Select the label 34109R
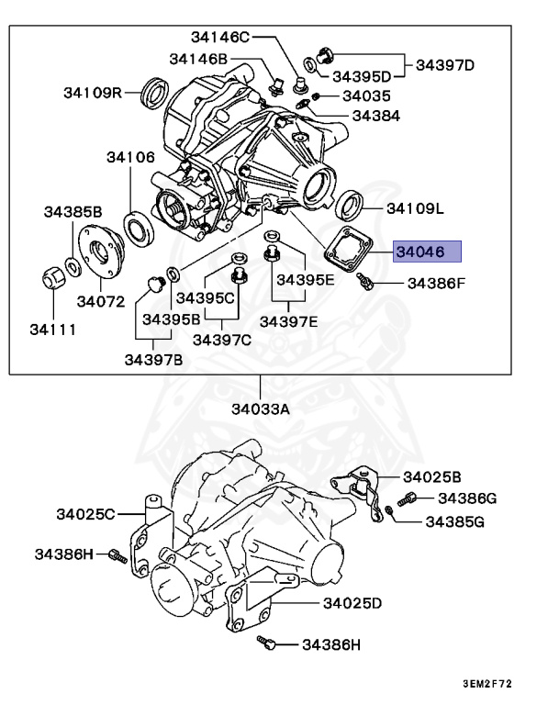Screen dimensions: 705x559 (94, 92)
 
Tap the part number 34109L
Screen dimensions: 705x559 (414, 208)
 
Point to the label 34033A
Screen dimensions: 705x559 (260, 408)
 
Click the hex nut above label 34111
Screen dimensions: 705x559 (52, 274)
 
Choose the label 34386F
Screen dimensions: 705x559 (436, 284)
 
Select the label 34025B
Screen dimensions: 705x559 (431, 476)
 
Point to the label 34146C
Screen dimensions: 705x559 (220, 37)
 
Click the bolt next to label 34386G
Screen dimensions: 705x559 (408, 498)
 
